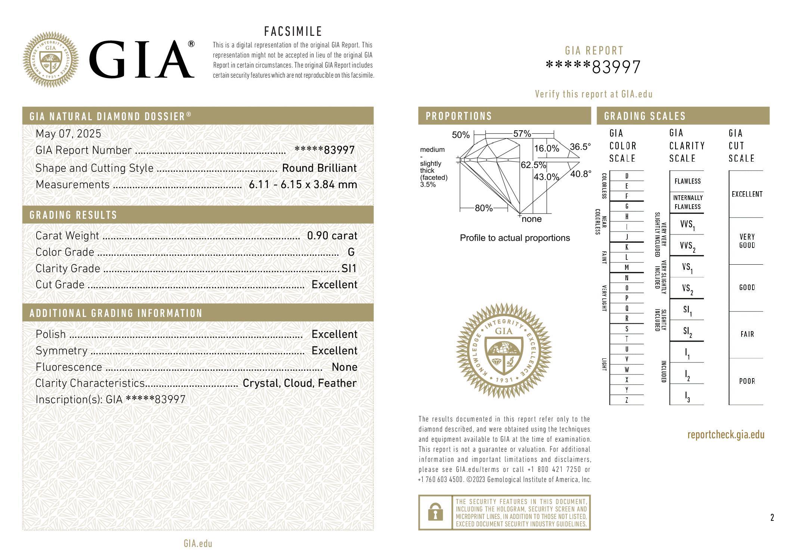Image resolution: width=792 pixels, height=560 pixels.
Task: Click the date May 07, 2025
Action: click(x=68, y=134)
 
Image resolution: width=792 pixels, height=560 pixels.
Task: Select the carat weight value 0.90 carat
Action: click(x=332, y=236)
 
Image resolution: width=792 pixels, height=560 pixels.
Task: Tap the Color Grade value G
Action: click(x=351, y=252)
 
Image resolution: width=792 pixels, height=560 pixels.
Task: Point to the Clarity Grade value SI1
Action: click(x=349, y=268)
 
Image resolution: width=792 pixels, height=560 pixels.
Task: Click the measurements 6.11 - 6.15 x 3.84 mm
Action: click(x=303, y=184)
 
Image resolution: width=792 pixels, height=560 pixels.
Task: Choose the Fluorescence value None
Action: click(x=344, y=367)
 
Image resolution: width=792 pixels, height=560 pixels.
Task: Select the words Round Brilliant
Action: click(x=319, y=168)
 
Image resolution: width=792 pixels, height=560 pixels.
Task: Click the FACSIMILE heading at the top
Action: click(x=293, y=31)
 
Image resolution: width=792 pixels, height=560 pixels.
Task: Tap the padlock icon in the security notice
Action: click(x=435, y=512)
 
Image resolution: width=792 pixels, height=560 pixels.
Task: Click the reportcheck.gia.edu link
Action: click(x=726, y=435)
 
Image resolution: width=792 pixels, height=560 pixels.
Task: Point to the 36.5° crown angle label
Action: click(x=580, y=147)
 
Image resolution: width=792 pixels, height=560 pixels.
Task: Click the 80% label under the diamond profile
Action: click(x=484, y=208)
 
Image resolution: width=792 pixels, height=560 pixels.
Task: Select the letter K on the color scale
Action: click(x=627, y=247)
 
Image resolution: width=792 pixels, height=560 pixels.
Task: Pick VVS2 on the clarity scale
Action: click(x=687, y=246)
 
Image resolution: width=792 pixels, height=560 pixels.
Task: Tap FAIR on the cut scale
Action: click(x=747, y=334)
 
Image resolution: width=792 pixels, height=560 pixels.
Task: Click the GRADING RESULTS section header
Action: click(x=74, y=215)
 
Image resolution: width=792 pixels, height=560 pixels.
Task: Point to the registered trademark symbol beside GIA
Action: click(x=191, y=44)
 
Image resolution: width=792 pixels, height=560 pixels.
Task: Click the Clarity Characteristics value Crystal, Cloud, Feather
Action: click(x=299, y=383)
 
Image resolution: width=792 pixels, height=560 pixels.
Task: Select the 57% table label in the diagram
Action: click(x=522, y=134)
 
